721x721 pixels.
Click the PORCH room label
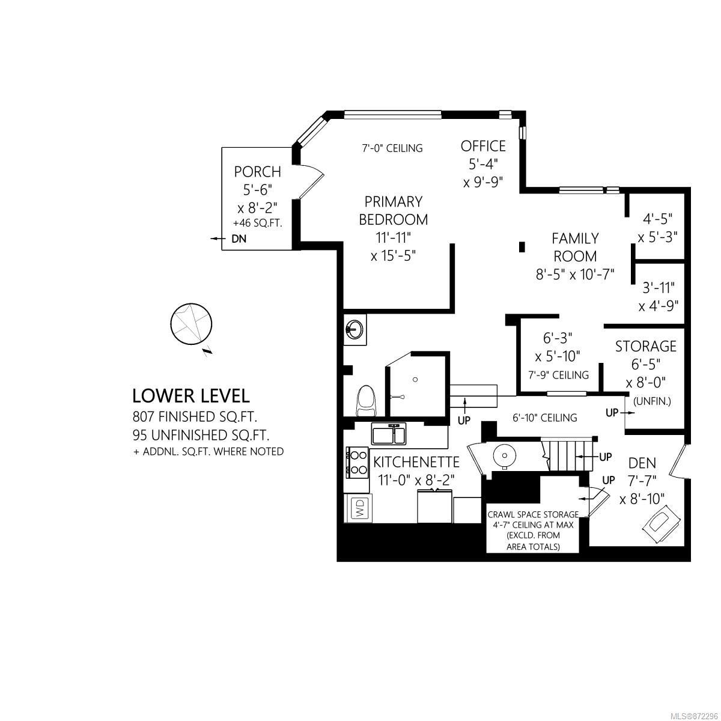click(x=257, y=172)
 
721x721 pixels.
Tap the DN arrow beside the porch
click(x=216, y=239)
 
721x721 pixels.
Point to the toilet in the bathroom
click(x=367, y=401)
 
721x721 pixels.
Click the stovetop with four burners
click(x=357, y=463)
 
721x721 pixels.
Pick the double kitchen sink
click(x=389, y=434)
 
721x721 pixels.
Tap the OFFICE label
click(x=483, y=146)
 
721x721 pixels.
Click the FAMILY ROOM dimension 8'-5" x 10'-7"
click(x=575, y=275)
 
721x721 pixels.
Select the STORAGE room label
click(x=646, y=347)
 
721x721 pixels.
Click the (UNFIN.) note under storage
click(x=652, y=401)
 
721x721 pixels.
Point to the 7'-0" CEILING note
click(x=392, y=148)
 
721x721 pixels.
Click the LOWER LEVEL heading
click(x=191, y=396)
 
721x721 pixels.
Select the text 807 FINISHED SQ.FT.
click(x=195, y=416)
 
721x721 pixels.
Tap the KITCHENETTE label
click(x=416, y=462)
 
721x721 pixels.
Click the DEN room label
click(x=642, y=463)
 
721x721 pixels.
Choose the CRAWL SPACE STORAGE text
click(x=533, y=514)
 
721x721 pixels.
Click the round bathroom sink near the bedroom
click(x=353, y=330)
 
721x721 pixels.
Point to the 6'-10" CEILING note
click(x=545, y=418)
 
